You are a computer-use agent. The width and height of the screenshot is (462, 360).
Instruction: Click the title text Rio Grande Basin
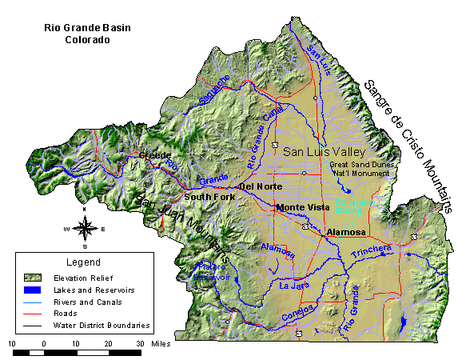[x=88, y=27]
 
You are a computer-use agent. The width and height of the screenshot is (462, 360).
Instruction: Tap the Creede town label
[x=156, y=155]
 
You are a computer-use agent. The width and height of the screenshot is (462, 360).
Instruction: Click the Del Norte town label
[x=257, y=186]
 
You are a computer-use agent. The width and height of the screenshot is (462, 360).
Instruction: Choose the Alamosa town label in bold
[x=346, y=232]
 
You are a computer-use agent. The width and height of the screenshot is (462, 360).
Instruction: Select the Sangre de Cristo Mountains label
[x=408, y=142]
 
